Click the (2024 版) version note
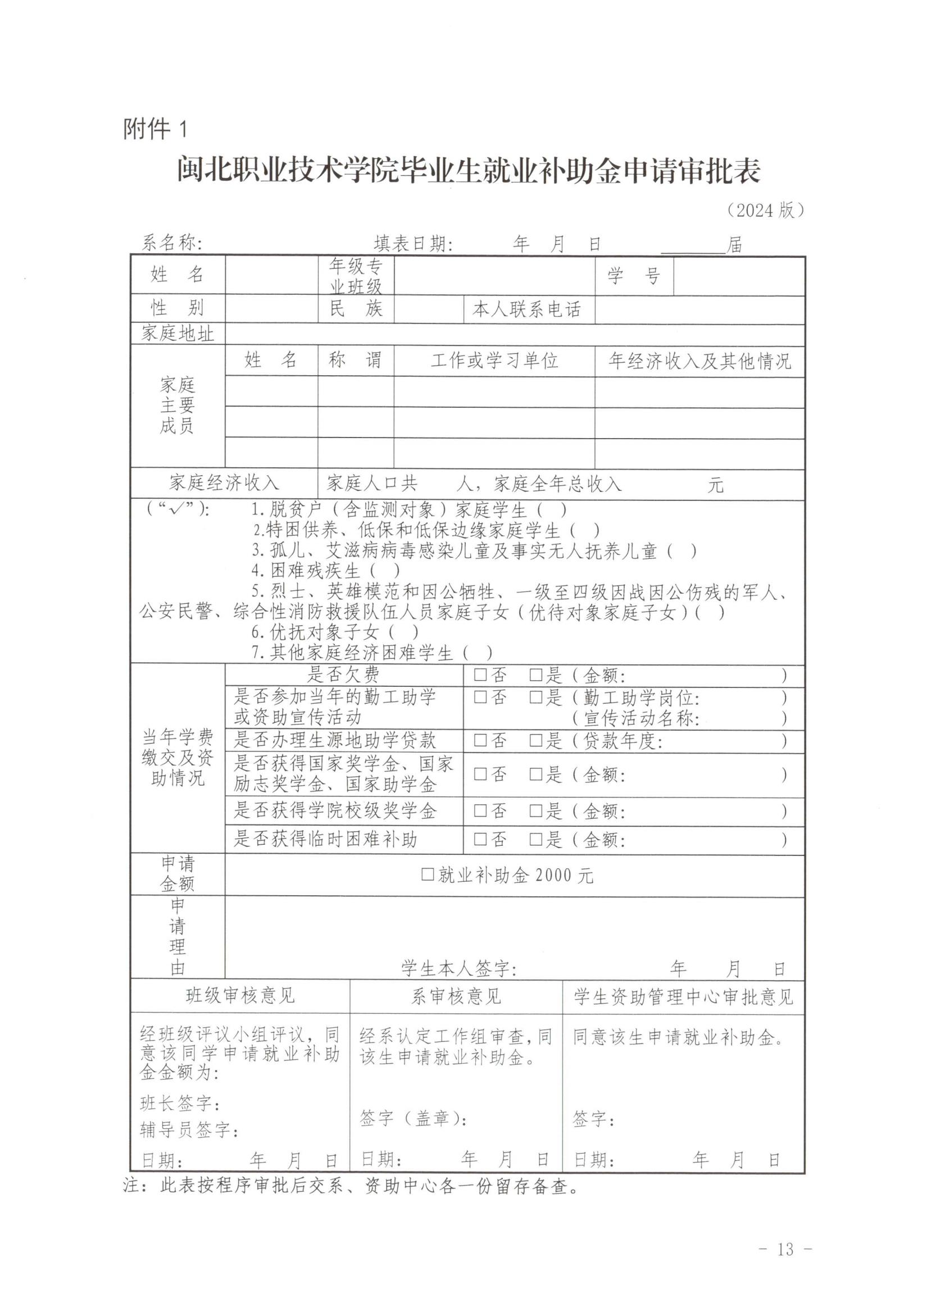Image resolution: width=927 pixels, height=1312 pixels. (x=765, y=210)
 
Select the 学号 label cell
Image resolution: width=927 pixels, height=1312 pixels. (x=634, y=276)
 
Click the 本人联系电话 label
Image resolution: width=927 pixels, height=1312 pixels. (x=526, y=309)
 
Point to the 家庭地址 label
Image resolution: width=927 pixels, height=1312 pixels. (x=178, y=333)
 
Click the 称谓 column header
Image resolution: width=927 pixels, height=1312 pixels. (x=355, y=361)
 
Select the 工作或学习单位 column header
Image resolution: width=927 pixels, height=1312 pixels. (x=494, y=361)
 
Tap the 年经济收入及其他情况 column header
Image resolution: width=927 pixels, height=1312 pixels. (x=699, y=361)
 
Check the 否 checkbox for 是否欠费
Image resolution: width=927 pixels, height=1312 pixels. (x=480, y=676)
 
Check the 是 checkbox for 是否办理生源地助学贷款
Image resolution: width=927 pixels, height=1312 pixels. (x=535, y=741)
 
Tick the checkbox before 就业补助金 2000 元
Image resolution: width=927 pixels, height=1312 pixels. (x=428, y=875)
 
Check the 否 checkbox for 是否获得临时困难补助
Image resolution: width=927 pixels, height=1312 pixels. (x=480, y=839)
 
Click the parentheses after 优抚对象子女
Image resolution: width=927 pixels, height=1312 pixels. (x=403, y=632)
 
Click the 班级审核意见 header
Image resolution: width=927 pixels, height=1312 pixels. (x=240, y=996)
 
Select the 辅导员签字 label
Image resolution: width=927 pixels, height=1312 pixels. (x=189, y=1129)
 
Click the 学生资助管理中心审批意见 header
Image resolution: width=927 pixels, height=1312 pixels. (x=684, y=997)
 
